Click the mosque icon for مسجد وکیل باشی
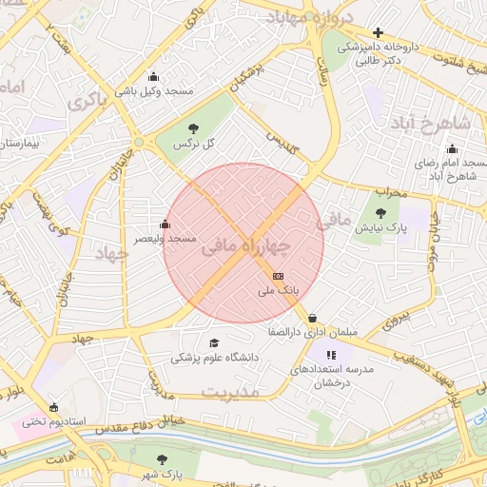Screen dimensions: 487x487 (154, 77)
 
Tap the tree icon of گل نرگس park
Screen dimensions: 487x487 (194, 127)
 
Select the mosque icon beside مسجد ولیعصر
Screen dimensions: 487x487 (166, 225)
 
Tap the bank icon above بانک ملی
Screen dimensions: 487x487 (277, 275)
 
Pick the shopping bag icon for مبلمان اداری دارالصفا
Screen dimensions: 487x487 (312, 319)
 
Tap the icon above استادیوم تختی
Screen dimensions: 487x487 (53, 407)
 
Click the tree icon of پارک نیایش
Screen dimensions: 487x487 (380, 214)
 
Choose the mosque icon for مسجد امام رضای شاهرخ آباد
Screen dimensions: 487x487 (451, 148)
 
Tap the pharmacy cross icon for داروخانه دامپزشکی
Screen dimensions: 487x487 (378, 33)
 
